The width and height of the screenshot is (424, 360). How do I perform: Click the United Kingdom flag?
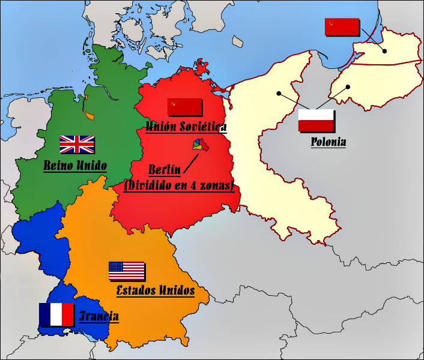77,144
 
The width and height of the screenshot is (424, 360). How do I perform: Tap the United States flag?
127,271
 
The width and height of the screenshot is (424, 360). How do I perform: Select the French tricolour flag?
56,314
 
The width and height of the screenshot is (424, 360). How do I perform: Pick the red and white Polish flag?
316,121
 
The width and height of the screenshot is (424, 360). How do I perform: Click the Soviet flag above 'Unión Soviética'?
184,106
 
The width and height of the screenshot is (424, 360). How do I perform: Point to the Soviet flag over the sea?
342,27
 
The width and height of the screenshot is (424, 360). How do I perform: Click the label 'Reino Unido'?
75,165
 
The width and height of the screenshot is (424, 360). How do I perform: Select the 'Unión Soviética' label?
187,127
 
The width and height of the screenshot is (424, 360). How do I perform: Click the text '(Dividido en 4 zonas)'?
178,187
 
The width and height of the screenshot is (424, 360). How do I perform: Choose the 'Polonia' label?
329,142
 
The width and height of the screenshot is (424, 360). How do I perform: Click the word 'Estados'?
138,290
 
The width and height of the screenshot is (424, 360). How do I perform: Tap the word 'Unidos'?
177,290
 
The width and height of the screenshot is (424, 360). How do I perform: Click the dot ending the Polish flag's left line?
279,93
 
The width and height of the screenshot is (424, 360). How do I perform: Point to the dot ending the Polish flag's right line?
348,86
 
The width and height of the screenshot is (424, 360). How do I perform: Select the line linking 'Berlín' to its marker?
191,160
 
